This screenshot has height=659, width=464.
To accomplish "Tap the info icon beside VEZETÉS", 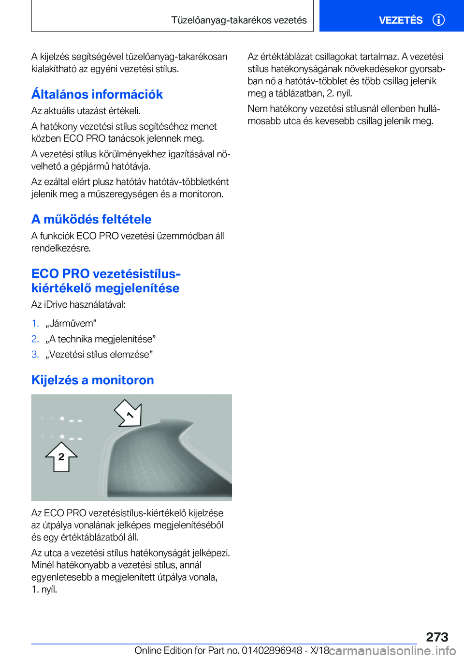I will tap(438, 20).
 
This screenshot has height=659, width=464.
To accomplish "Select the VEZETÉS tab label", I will tap(400, 20).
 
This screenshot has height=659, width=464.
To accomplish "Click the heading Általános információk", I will tap(97, 94).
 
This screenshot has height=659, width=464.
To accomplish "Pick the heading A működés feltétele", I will tap(91, 219).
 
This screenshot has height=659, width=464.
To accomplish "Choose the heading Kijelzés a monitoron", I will tap(93, 380).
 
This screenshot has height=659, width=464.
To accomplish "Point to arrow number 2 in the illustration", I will tap(61, 457).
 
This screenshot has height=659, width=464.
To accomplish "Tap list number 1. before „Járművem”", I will tap(35, 323).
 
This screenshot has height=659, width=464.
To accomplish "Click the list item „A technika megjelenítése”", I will tap(101, 339).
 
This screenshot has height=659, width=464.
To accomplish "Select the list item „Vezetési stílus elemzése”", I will tap(99, 354).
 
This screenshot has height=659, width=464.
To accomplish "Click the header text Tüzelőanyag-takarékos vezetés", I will tap(239, 20).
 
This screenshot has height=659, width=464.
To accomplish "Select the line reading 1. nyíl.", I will tap(44, 589).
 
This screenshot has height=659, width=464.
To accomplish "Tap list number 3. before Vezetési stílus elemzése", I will tap(35, 354).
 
